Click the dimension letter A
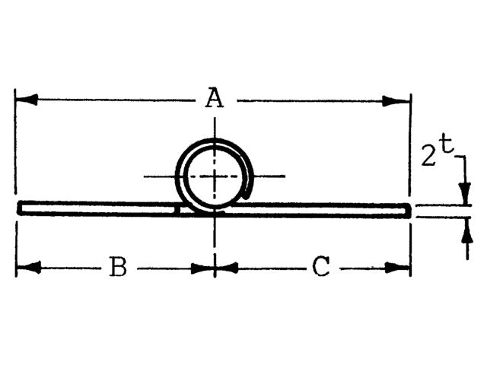tap(215, 99)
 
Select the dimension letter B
tap(117, 267)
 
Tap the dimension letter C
tap(321, 267)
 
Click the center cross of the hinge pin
tap(215, 176)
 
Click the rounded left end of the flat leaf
tap(19, 208)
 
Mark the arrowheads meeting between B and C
tap(215, 267)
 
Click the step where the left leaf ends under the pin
tap(180, 208)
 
